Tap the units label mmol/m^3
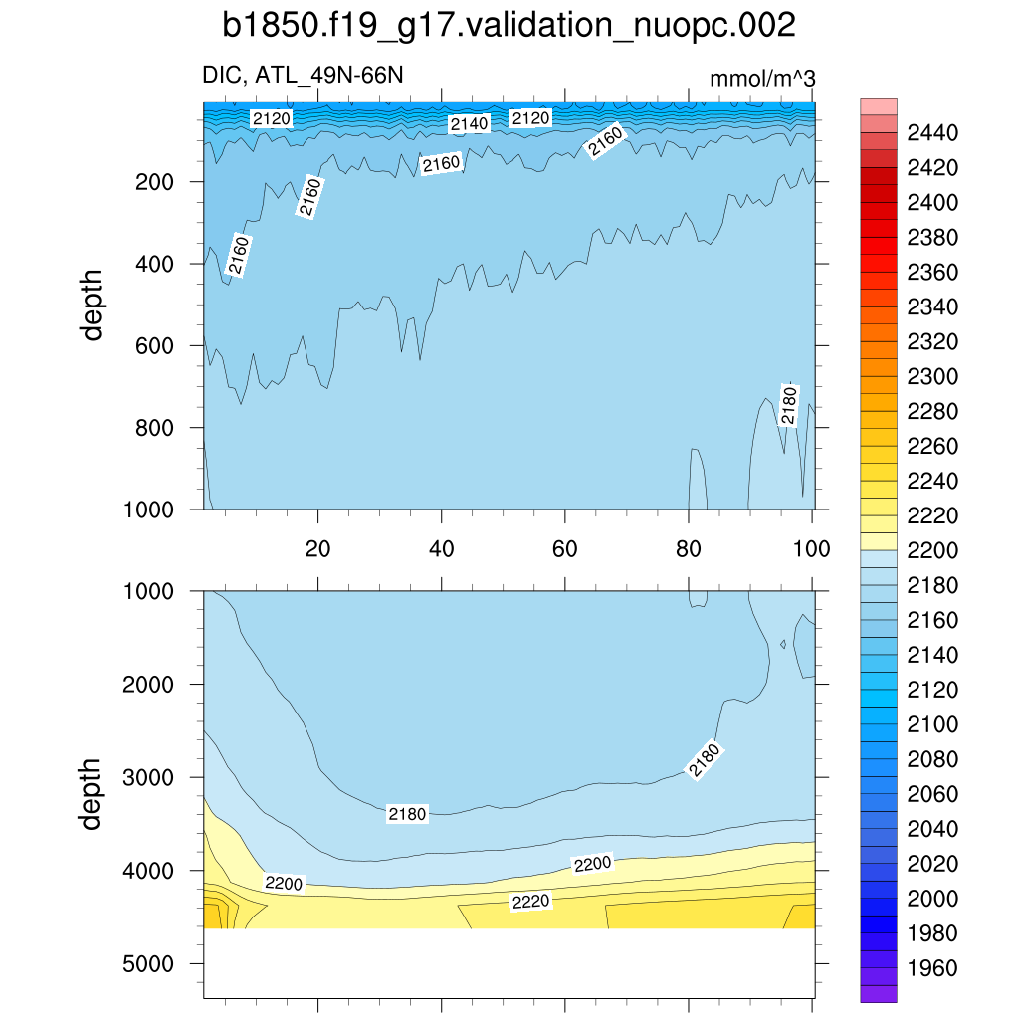(x=761, y=79)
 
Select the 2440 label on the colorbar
(x=932, y=133)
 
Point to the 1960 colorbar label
(x=932, y=968)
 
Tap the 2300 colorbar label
(x=932, y=377)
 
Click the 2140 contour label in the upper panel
(x=469, y=124)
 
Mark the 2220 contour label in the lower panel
(x=530, y=902)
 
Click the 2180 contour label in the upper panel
(x=789, y=403)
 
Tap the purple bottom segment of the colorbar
(x=879, y=993)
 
